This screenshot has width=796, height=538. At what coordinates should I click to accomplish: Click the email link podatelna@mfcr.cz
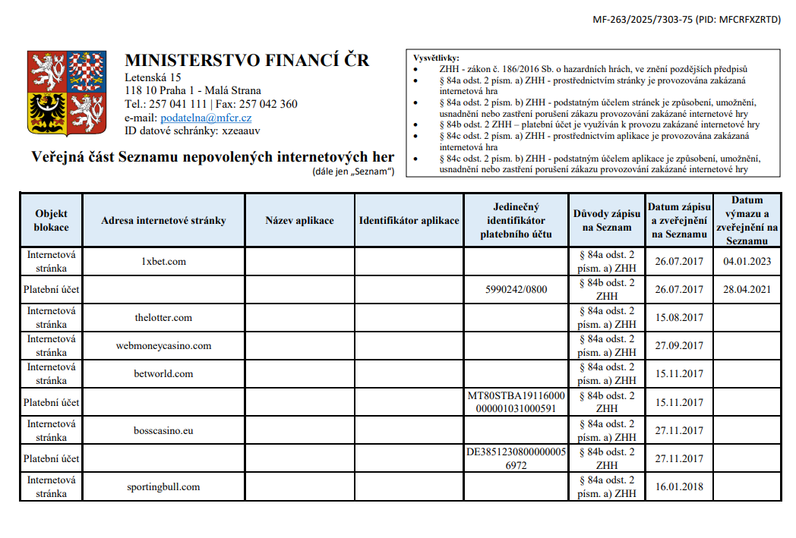pos(206,118)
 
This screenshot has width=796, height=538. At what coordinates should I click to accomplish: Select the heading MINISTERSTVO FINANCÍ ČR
pos(247,60)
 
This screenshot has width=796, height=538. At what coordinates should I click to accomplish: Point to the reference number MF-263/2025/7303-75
pos(643,20)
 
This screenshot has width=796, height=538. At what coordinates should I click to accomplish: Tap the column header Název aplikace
pos(299,221)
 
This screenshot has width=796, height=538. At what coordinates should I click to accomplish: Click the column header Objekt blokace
pos(52,221)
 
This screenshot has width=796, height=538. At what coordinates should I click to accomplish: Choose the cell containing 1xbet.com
pos(163,262)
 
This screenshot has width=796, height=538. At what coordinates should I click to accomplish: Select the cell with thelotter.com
pos(163,318)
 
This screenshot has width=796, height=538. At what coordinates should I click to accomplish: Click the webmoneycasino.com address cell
pos(163,346)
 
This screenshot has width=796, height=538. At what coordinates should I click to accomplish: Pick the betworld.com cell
pos(163,374)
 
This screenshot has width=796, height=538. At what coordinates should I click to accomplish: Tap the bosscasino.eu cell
pos(163,431)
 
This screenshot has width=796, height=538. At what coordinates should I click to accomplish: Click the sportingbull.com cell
pos(163,487)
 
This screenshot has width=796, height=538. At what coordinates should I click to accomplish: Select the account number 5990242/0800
pos(516,290)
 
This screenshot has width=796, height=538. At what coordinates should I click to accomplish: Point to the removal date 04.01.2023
pos(747,262)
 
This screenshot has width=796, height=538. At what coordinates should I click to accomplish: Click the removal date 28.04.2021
pos(747,290)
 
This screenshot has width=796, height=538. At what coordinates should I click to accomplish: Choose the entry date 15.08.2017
pos(679,318)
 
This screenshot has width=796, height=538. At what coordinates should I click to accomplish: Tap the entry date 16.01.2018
pos(679,487)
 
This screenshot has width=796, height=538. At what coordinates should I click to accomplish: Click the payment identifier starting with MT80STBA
pos(516,402)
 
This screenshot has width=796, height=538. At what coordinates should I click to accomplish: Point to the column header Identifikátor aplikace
pos(409,221)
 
